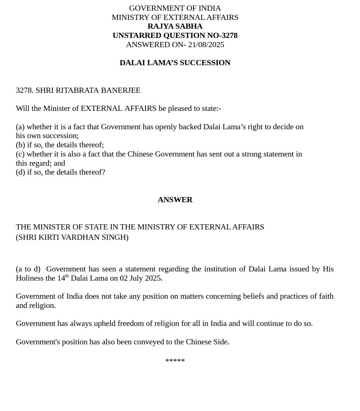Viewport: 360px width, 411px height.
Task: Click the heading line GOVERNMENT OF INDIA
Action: click(175, 8)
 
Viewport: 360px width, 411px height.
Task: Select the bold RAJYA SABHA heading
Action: click(175, 26)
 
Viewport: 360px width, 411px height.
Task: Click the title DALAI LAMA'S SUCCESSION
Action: click(175, 63)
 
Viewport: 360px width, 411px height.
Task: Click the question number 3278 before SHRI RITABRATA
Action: click(24, 90)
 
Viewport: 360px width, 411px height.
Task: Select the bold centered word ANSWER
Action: click(175, 200)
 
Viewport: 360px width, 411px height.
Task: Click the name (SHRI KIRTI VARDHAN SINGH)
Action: click(72, 237)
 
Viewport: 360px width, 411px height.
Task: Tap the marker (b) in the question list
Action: click(20, 145)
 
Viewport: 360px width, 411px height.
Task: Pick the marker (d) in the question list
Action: click(20, 172)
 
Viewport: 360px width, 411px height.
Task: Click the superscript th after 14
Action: click(67, 276)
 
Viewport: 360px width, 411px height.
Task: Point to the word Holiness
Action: click(29, 278)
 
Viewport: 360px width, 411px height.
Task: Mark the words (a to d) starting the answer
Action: click(28, 269)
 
